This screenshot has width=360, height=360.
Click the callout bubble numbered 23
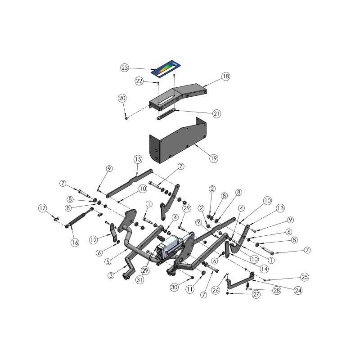coord(125,68)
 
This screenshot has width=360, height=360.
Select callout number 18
coord(225,76)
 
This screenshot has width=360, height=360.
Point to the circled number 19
coord(213,158)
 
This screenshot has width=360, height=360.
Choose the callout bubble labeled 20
coord(122,98)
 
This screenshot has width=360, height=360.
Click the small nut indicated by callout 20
coord(126,118)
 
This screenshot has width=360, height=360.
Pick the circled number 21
coord(216,114)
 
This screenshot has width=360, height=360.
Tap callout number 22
coord(139,81)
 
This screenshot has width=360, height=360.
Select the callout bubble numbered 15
coord(138,159)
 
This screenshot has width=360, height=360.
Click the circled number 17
coord(43,208)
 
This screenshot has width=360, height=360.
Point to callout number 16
coord(75,243)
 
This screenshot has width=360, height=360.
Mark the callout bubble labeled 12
coord(94,239)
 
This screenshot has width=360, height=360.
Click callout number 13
coord(280,208)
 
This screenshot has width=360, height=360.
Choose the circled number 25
coord(305,277)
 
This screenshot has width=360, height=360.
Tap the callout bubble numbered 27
coord(256,294)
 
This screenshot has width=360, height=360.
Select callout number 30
coord(174,287)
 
